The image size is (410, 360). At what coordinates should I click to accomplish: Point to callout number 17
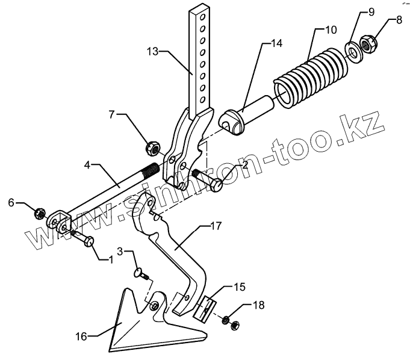pyautogui.click(x=215, y=227)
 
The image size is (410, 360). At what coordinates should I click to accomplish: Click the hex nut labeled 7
pyautogui.click(x=152, y=146)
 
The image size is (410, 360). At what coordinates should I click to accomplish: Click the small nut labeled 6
pyautogui.click(x=39, y=213)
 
